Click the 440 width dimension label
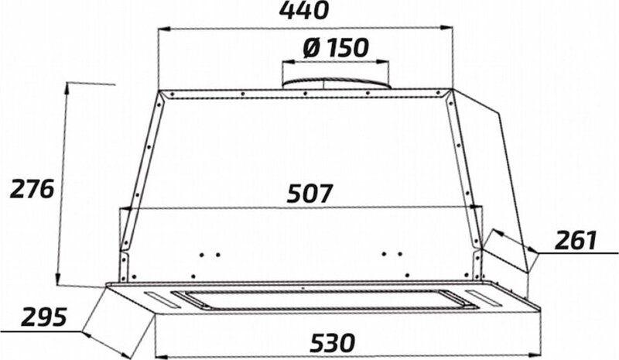click(303, 11)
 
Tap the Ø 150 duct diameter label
click(336, 48)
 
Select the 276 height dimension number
click(32, 189)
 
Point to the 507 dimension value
click(310, 194)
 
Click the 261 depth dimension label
click(576, 240)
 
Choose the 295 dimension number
click(44, 317)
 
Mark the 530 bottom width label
click(333, 342)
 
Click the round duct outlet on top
click(336, 83)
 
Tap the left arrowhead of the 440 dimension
click(164, 29)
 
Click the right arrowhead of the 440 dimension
click(446, 27)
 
